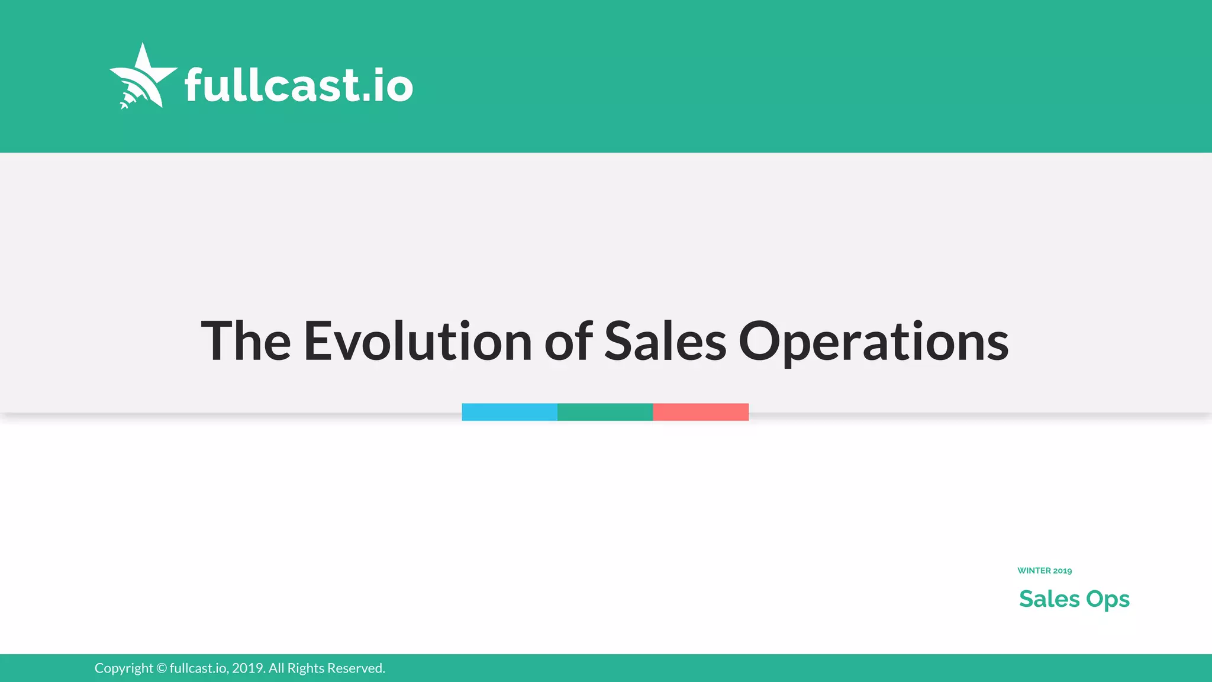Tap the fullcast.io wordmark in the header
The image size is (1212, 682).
(298, 85)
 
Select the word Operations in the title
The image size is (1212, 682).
(873, 342)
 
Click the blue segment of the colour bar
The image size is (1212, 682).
(510, 412)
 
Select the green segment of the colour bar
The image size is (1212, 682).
(605, 412)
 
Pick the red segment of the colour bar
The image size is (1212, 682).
(701, 412)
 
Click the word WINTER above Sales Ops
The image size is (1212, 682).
(1034, 571)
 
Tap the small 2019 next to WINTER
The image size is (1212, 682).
(1062, 571)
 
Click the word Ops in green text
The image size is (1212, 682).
(1108, 600)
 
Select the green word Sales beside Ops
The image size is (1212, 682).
(1049, 599)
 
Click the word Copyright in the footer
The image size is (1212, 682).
(124, 668)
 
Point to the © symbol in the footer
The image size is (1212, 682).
(162, 668)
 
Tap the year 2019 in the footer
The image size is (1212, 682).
(247, 668)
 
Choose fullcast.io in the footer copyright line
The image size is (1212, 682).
(199, 668)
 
